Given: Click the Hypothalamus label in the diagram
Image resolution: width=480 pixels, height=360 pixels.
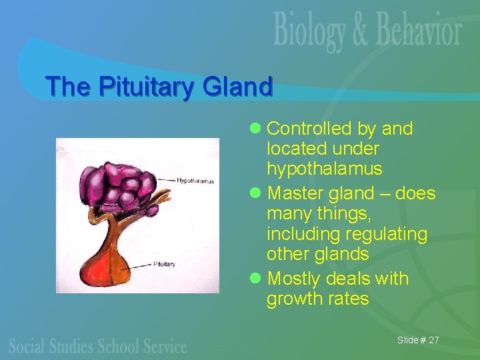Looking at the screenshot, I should tap(195, 181).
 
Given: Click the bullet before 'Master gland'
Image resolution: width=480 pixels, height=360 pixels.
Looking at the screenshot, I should tap(258, 194).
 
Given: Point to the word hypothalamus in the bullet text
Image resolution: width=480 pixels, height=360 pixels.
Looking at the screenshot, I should tap(324, 169).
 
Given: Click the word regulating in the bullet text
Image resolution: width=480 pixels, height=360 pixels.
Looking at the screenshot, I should tap(385, 234).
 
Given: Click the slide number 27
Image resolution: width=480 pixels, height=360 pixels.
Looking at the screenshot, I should tap(433, 340).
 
